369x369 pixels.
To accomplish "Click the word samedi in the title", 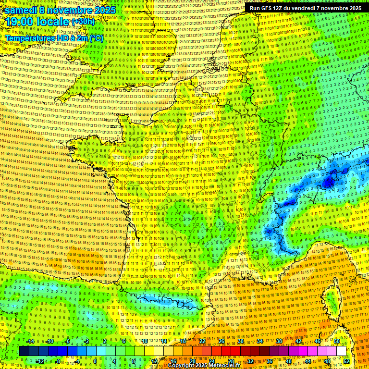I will (x=21, y=10).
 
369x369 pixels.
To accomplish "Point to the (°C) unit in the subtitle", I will (x=96, y=38).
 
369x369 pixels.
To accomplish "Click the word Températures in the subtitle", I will (x=30, y=38).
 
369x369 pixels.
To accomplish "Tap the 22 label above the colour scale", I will (x=202, y=341).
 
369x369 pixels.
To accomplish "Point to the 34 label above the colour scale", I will (x=260, y=341).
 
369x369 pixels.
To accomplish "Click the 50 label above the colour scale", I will (x=337, y=341).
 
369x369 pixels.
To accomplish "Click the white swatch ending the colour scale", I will (x=341, y=351).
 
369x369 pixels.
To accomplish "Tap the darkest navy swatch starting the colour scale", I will (x=24, y=351).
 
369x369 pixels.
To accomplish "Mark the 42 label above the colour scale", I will (x=298, y=341).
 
